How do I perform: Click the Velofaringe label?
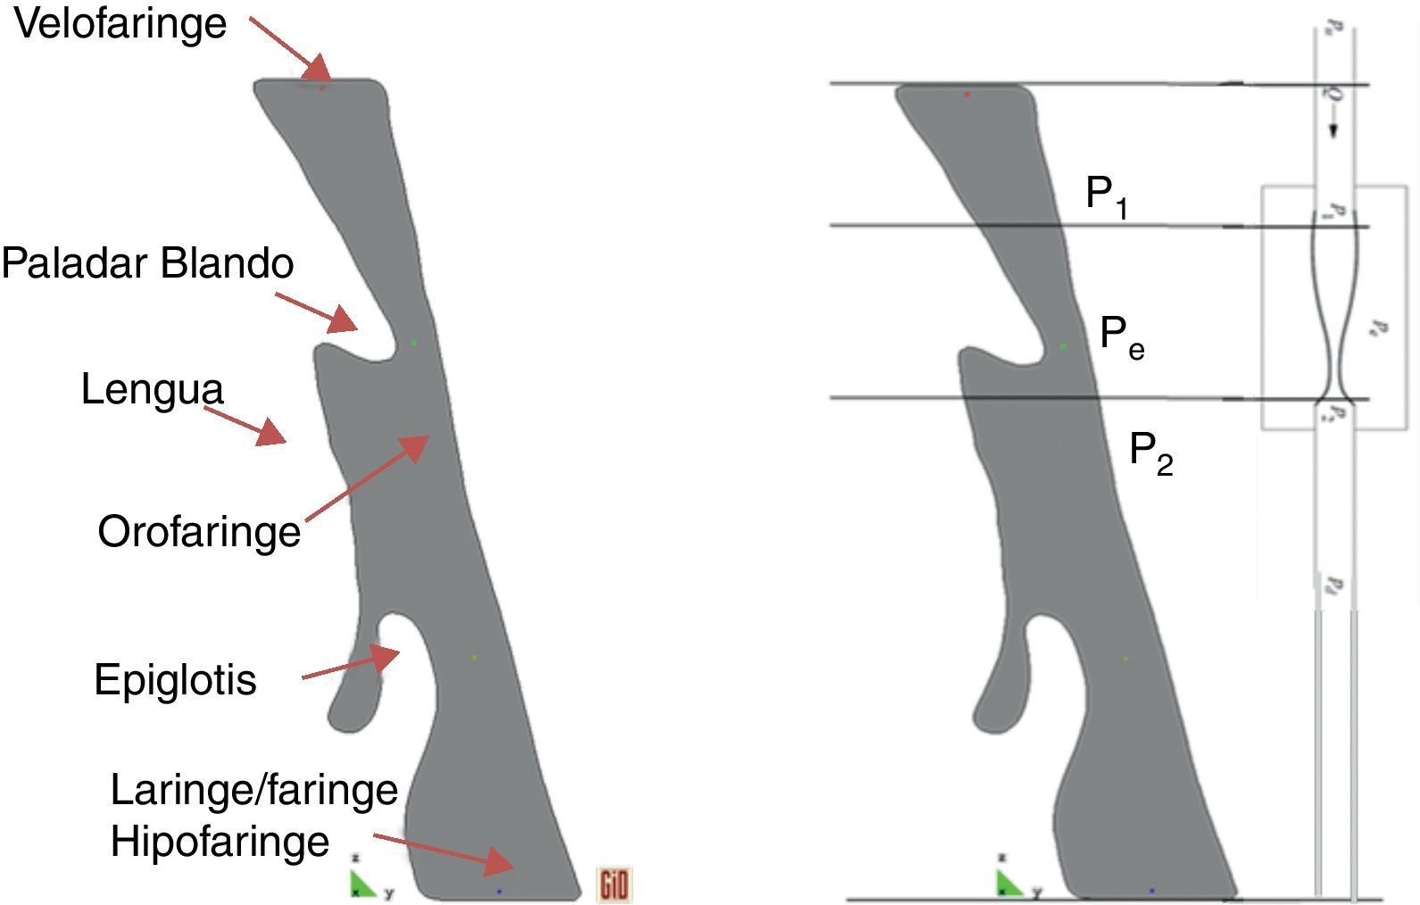[x=120, y=24]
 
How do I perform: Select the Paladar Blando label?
[x=147, y=263]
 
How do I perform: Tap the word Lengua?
[x=152, y=390]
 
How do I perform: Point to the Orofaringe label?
[x=199, y=532]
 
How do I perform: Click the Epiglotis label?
[x=175, y=680]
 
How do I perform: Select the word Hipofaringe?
[x=220, y=842]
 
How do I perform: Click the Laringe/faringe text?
[x=253, y=790]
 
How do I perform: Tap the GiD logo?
[x=614, y=884]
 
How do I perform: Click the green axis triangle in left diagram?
[x=361, y=884]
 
